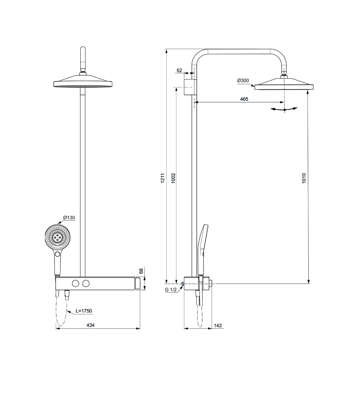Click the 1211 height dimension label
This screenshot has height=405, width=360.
coord(162,178)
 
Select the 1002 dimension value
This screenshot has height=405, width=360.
coord(173,178)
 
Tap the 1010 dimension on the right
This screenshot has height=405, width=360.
coord(304,178)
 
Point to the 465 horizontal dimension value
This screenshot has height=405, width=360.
coord(244,99)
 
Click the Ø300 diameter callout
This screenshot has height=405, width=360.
coord(243,81)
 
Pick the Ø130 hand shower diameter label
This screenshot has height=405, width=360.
coord(69,217)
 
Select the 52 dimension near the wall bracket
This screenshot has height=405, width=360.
coord(179,71)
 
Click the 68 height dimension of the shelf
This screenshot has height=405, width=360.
coord(141,271)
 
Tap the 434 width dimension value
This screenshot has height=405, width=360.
coord(91,325)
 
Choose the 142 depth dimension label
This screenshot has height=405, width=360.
coord(218,325)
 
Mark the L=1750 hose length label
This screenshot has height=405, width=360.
coord(84,310)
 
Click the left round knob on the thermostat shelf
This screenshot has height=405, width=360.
coord(75,284)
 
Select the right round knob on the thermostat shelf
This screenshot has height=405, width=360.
coord(85,284)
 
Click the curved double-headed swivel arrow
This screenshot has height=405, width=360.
coord(284,109)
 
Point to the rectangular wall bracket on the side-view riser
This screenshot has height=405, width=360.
coord(190,87)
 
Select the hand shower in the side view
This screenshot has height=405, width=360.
coord(203,248)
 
